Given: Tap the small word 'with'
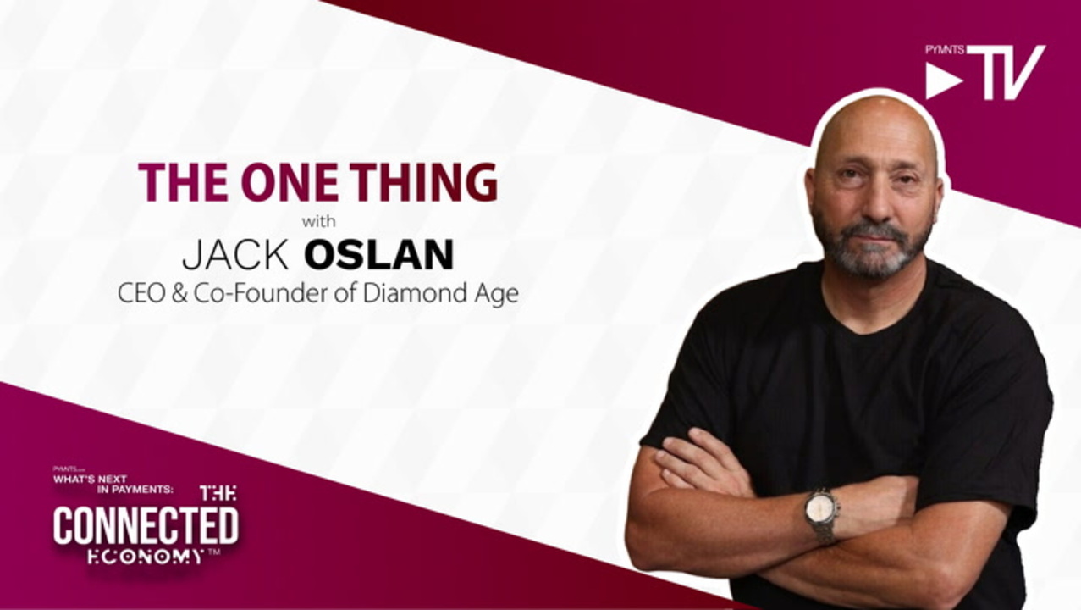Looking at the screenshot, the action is [318, 222].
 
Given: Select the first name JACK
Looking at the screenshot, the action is [235, 254].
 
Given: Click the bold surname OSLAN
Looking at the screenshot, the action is [379, 254].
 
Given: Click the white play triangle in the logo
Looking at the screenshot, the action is [940, 81].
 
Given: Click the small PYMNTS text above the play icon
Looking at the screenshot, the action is [945, 50].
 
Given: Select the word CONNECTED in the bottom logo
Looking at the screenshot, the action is [146, 525].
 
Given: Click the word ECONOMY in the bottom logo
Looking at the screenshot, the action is [146, 557].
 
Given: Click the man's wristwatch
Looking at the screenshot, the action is [821, 514].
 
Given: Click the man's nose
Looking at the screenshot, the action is [874, 202].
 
